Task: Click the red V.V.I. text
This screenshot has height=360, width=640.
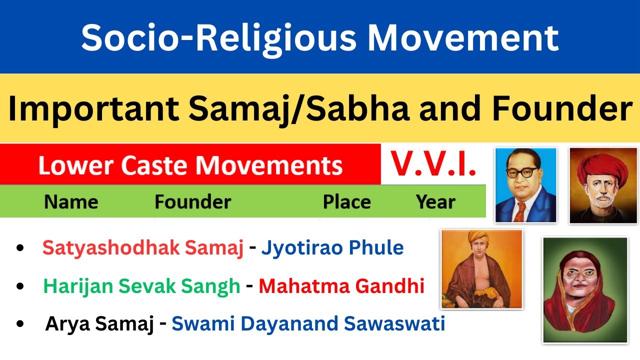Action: coord(433,164)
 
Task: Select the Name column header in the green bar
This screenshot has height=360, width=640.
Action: coord(71,202)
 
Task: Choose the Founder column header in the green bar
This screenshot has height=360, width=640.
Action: coord(192,202)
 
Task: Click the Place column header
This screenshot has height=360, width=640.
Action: coord(346,202)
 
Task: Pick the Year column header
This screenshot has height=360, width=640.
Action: coord(435,202)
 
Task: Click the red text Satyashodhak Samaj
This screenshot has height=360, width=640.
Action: coord(143,247)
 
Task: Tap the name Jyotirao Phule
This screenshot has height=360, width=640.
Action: coord(332,247)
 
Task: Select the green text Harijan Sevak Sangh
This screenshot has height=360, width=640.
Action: coord(142,286)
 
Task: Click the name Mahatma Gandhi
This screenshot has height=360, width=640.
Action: coord(341,286)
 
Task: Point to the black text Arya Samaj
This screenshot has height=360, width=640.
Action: coord(99,324)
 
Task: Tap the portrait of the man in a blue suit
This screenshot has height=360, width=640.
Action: coord(525,185)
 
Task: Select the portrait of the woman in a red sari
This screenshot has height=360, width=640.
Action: coord(585,290)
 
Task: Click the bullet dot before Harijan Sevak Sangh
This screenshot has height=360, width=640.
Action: coord(20,286)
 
